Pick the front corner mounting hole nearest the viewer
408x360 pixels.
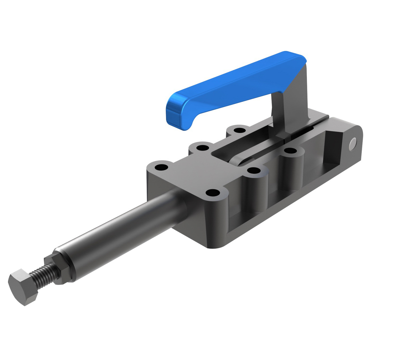(213, 192)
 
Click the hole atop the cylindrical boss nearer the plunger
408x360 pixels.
(254, 171)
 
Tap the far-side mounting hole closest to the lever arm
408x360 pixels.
(239, 130)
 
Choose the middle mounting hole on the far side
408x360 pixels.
(202, 148)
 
